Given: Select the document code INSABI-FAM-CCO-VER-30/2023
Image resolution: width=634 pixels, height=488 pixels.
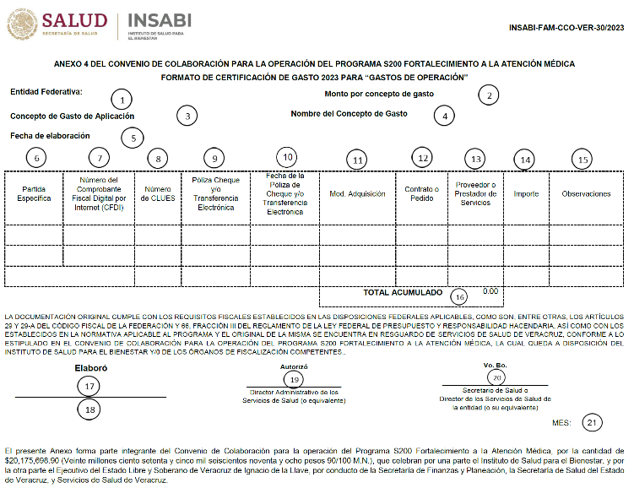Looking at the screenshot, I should pos(566,27).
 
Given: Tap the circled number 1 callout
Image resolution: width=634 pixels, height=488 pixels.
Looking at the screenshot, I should pos(123,99).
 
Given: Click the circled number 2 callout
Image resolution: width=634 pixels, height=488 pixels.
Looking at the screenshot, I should pos(489,95).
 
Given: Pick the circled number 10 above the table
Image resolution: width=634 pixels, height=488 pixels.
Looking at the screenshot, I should pos(288,157).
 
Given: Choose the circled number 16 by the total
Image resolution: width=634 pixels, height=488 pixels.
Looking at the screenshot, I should pos(459,296).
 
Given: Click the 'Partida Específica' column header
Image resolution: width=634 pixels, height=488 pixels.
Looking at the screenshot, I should pos(35,194).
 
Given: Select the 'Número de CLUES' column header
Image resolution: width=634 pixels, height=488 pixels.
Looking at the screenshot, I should pos(158,194).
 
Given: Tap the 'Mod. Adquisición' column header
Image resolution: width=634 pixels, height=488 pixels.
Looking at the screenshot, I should pos(357,194).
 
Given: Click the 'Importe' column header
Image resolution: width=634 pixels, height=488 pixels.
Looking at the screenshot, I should pos(526,194).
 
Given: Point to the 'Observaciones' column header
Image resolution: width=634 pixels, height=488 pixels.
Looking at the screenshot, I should pos(586,194).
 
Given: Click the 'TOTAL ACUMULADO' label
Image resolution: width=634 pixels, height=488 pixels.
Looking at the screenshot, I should pos(402,293).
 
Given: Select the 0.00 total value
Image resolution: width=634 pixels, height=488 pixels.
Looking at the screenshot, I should pos(490,291).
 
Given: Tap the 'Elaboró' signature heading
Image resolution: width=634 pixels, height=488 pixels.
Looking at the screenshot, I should pos(91,368).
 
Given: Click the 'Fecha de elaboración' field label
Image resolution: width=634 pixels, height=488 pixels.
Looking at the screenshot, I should pos(50,135).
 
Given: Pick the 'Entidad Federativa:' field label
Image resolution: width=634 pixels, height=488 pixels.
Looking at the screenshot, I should pos(46,91).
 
